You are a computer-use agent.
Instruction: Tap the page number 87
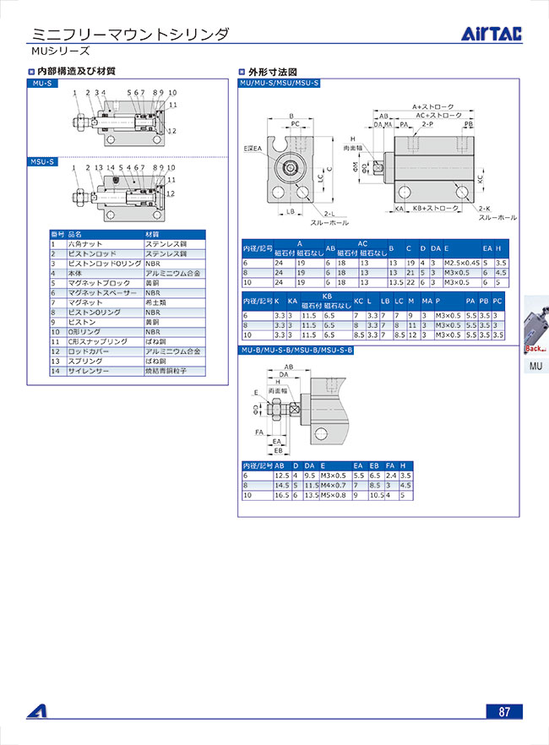pyautogui.click(x=504, y=711)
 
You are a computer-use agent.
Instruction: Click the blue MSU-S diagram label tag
pyautogui.click(x=43, y=160)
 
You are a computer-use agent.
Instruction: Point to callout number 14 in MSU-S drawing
pyautogui.click(x=111, y=168)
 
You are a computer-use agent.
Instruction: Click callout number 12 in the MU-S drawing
pyautogui.click(x=172, y=131)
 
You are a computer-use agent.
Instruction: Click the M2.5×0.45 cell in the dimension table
pyautogui.click(x=461, y=263)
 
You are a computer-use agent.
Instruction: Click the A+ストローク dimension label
pyautogui.click(x=432, y=107)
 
